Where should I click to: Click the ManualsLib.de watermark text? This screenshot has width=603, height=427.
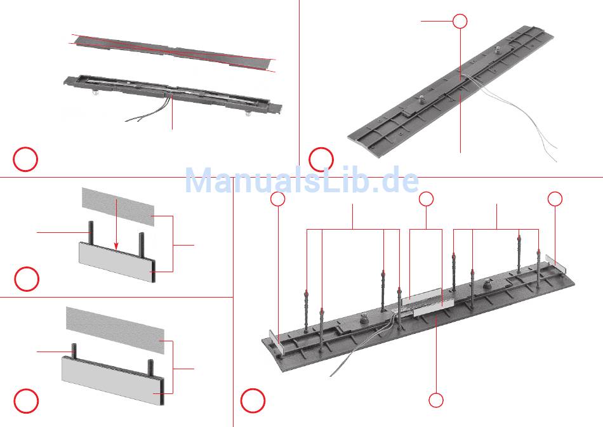[302, 181]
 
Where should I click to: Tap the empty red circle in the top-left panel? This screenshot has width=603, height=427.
[26, 159]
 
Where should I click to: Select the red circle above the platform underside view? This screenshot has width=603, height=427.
[460, 21]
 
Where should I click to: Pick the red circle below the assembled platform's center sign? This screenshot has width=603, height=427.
[435, 400]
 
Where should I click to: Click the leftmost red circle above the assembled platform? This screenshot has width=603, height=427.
[278, 199]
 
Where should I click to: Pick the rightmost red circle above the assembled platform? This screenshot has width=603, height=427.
[555, 199]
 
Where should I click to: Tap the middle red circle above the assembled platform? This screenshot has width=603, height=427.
[426, 199]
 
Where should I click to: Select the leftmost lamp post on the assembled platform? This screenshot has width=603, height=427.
[307, 311]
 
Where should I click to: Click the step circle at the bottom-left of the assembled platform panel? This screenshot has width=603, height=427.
[253, 401]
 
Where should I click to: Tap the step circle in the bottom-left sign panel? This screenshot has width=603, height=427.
[26, 401]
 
